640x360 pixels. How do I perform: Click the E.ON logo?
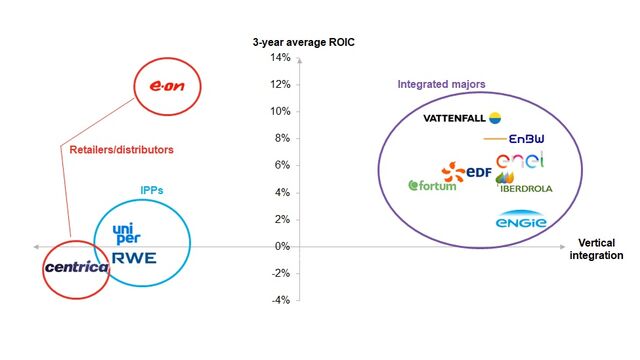(169, 87)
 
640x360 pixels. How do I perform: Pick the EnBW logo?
(513, 140)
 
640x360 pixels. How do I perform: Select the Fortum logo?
(431, 185)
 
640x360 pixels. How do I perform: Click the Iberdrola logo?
(524, 186)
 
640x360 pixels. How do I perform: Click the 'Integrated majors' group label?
(441, 84)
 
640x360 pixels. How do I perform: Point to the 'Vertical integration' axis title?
(600, 250)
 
